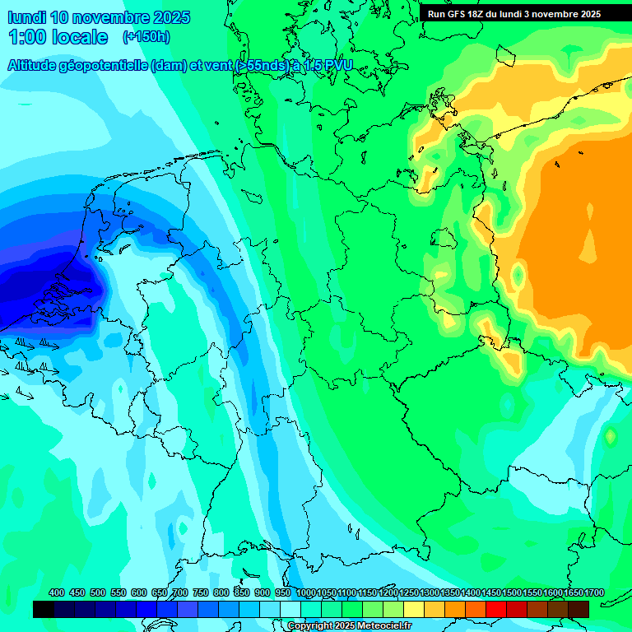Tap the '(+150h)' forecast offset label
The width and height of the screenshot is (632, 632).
pos(146,37)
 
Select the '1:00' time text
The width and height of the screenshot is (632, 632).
pos(26,37)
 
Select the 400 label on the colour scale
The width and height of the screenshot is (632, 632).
pos(57,592)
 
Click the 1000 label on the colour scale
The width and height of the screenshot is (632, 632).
pos(305,592)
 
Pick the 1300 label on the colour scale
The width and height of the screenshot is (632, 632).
pos(430,592)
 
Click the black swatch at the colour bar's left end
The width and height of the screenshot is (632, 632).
pos(44,609)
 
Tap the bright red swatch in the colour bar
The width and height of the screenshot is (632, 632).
pos(496,609)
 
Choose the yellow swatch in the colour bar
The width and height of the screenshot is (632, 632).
pos(414,609)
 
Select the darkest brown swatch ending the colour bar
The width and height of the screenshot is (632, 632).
pos(579,609)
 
